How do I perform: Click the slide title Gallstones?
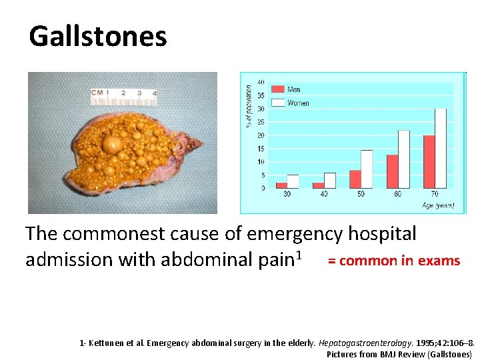(x=98, y=36)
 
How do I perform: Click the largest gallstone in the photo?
(x=111, y=144)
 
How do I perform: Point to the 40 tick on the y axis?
(x=260, y=83)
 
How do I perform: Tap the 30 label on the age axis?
(x=286, y=195)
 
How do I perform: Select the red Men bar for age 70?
(x=429, y=162)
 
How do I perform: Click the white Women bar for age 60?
(x=404, y=159)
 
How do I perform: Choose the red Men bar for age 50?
(x=355, y=179)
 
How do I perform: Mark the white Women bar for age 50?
(x=367, y=169)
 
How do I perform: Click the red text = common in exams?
(x=393, y=261)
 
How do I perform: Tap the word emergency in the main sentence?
(x=297, y=234)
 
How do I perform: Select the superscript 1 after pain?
(x=308, y=253)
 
